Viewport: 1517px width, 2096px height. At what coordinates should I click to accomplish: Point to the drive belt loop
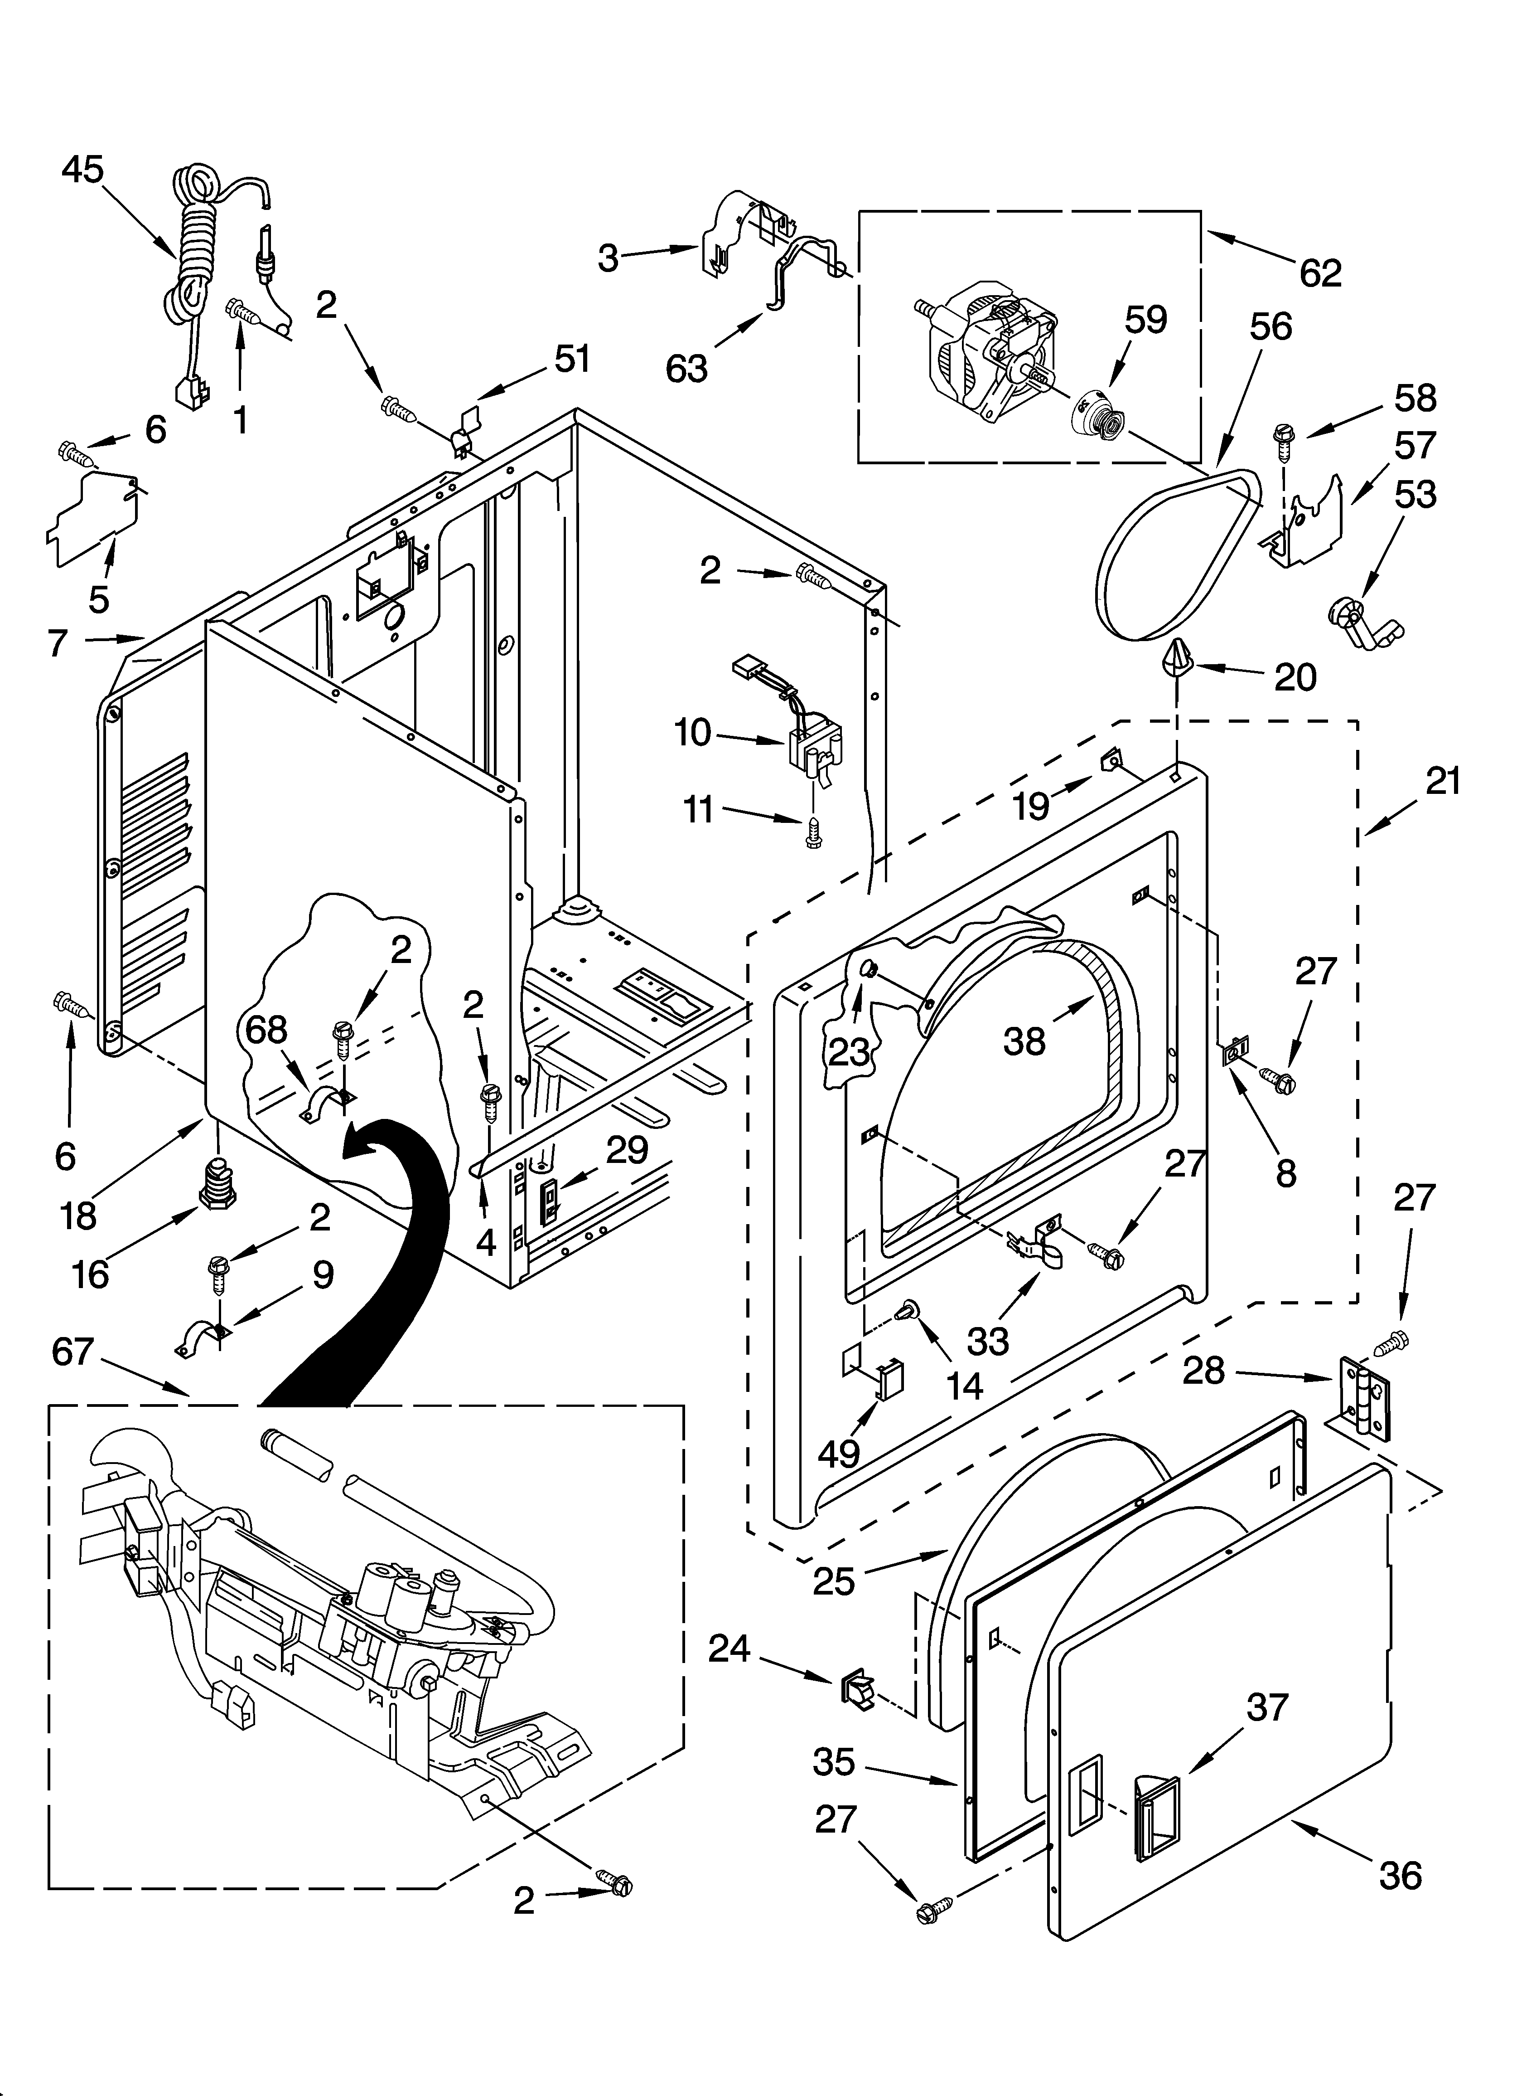click(1178, 554)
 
